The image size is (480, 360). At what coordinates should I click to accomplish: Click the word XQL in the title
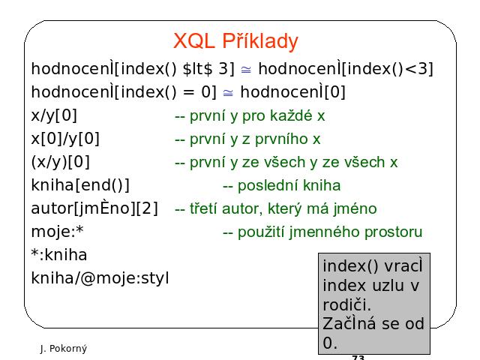pos(193,40)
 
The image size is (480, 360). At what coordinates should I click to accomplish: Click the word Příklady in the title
pos(260,41)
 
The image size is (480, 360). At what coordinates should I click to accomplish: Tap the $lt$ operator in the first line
pos(197,68)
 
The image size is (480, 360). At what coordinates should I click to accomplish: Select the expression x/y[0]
pos(54,115)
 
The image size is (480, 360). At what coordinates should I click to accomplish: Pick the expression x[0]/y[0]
pos(65,139)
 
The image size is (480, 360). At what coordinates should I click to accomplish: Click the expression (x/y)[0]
pos(60,162)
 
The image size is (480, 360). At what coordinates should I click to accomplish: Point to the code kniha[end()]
pos(80,185)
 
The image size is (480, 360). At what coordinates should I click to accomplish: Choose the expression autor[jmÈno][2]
pos(94,208)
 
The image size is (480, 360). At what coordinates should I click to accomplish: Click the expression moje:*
pos(57,231)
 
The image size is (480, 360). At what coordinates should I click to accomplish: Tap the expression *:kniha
pos(59,255)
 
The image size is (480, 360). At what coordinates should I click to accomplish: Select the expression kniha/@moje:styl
pos(100,278)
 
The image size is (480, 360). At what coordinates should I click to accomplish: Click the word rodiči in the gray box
pos(346,305)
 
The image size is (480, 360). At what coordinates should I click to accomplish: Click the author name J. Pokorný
pos(64,349)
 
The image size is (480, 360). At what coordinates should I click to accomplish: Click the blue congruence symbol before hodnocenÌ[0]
pos(228,92)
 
